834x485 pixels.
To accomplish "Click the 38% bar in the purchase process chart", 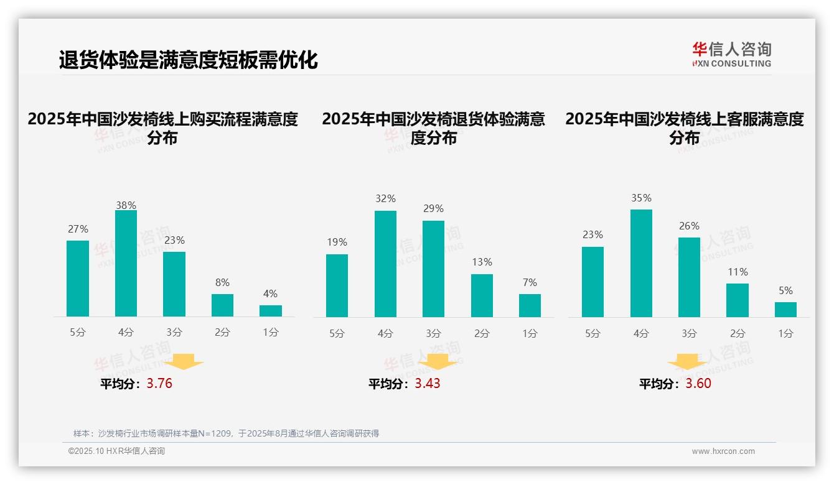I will point(126,264).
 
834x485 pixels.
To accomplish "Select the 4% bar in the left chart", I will point(271,311).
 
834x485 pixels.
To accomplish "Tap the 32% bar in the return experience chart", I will point(385,264).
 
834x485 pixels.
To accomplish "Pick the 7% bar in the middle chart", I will point(530,305).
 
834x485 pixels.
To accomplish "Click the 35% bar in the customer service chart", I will point(641,263).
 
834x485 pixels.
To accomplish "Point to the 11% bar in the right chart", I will point(738,300).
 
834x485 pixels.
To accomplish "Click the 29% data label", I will point(433,209).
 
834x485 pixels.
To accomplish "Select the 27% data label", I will point(78,229).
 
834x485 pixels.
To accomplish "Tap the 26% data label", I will point(689,226).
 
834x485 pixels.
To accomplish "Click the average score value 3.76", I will point(159,384).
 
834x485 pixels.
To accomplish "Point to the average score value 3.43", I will point(428,384).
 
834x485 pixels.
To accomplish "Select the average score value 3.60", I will point(698,384).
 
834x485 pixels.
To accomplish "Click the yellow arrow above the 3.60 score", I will point(687,361).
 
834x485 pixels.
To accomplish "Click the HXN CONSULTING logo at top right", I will point(731,54).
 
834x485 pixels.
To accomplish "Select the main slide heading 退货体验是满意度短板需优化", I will point(188,60).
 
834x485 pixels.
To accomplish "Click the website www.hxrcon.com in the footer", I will point(723,451).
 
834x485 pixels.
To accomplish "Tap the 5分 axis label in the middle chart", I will point(337,333).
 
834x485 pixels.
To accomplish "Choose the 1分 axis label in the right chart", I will point(785,333).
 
